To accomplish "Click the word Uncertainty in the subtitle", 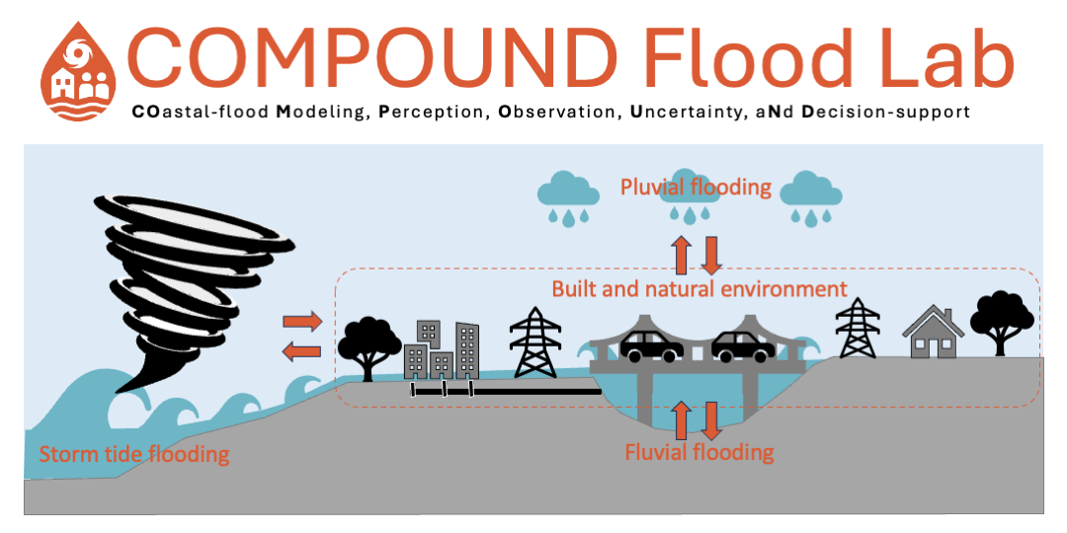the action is [689, 112].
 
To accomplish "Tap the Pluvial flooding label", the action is [696, 187].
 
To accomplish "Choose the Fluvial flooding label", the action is [699, 451].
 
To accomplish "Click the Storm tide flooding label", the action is [134, 454].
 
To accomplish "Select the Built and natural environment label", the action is [699, 289].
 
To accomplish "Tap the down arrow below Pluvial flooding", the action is [710, 255].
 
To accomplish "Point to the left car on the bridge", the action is [652, 345].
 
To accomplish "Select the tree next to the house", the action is [1002, 322].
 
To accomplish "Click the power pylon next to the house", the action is [858, 328].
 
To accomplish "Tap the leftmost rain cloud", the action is [569, 197].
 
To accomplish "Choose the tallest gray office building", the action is [467, 349].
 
